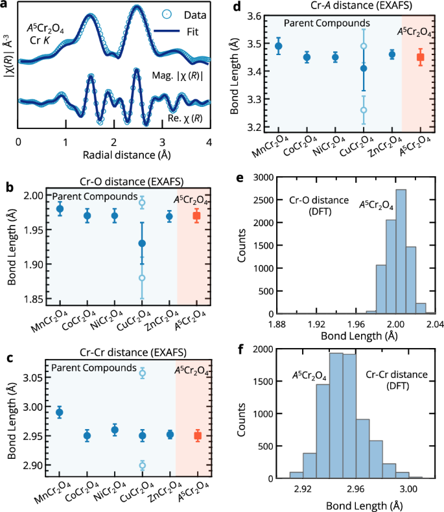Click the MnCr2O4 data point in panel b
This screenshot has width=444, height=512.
pos(60,209)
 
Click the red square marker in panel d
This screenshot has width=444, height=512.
pos(420,58)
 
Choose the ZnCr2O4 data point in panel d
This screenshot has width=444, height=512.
pos(391,55)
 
